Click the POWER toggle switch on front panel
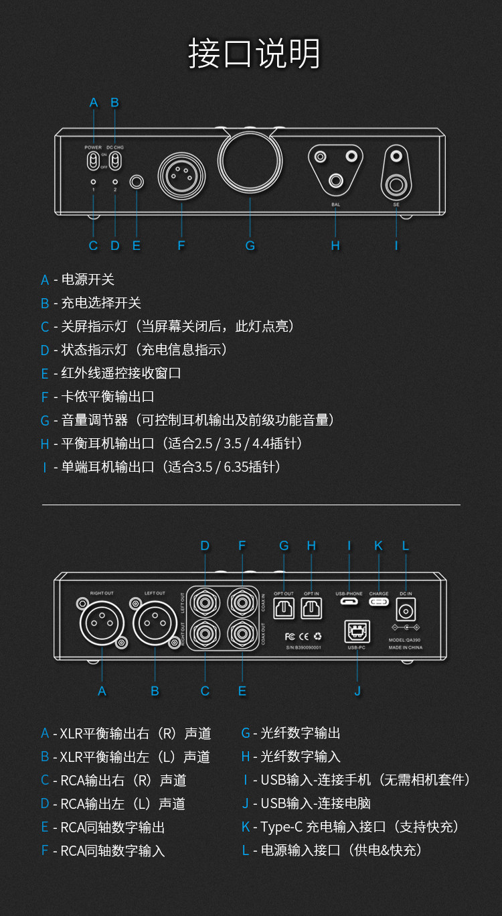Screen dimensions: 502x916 coord(93,161)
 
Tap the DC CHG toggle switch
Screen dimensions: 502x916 coord(115,161)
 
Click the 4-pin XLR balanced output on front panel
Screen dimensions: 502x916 coord(181,174)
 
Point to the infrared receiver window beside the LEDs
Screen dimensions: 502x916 coord(137,182)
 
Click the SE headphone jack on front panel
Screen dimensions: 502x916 coord(396,183)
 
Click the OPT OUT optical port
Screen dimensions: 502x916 coord(284,608)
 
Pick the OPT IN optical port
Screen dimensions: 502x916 coord(311,608)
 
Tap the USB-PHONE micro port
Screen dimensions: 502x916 coord(349,601)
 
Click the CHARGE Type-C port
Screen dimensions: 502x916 coord(378,601)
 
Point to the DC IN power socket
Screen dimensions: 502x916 coord(405,610)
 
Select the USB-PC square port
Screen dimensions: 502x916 coord(357,632)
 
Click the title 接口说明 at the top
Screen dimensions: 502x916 coord(254,54)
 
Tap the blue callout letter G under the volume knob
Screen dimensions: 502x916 coord(250,246)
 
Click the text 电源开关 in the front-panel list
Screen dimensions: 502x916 coord(88,279)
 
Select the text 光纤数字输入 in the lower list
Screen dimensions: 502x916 coord(301,757)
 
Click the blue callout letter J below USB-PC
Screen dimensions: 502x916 coord(357,691)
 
